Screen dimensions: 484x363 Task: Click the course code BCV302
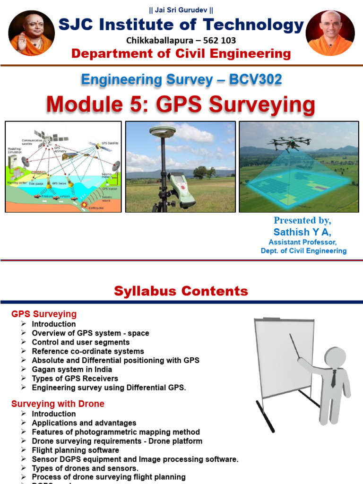pyautogui.click(x=256, y=79)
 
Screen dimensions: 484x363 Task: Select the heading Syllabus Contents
pyautogui.click(x=181, y=291)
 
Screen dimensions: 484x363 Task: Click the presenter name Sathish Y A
pyautogui.click(x=302, y=232)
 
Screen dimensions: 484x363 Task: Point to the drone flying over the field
pyautogui.click(x=289, y=141)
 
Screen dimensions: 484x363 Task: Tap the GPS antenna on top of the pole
pyautogui.click(x=162, y=131)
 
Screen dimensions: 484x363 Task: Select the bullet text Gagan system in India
pyautogui.click(x=72, y=369)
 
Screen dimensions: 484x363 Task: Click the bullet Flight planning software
pyautogui.click(x=75, y=450)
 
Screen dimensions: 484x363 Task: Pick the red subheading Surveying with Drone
pyautogui.click(x=58, y=404)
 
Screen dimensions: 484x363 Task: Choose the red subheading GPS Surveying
pyautogui.click(x=44, y=314)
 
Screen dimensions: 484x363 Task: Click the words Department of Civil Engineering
pyautogui.click(x=181, y=54)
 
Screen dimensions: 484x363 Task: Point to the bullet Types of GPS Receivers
pyautogui.click(x=75, y=378)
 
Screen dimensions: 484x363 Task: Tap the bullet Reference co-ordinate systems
pyautogui.click(x=88, y=351)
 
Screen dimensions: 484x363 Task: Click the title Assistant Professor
pyautogui.click(x=302, y=242)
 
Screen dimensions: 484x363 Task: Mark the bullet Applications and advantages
pyautogui.click(x=84, y=423)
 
